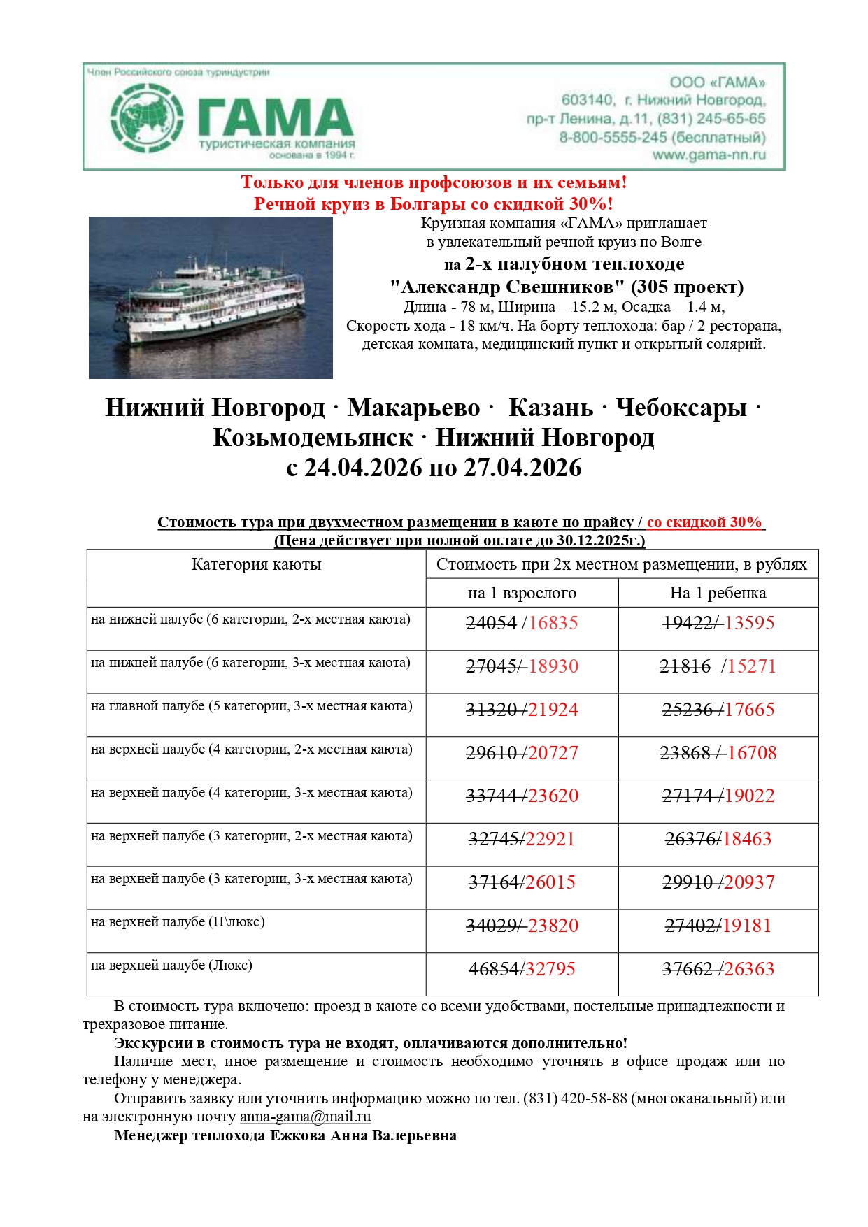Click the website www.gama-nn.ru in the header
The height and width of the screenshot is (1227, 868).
pyautogui.click(x=709, y=155)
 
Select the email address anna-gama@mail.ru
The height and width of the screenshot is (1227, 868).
pyautogui.click(x=305, y=1117)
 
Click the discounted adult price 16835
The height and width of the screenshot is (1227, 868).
pyautogui.click(x=553, y=623)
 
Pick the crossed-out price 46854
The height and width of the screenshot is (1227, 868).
pyautogui.click(x=493, y=969)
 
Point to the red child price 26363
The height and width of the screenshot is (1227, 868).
pyautogui.click(x=749, y=969)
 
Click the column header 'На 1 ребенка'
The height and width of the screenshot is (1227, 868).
pyautogui.click(x=718, y=593)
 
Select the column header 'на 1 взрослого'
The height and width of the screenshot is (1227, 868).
pyautogui.click(x=522, y=593)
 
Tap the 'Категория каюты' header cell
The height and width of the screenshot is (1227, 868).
pyautogui.click(x=256, y=565)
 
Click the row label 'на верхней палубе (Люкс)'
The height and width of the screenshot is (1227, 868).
pyautogui.click(x=171, y=966)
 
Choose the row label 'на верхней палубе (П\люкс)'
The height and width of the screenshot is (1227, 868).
pyautogui.click(x=178, y=922)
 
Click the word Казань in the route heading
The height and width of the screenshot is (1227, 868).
pyautogui.click(x=550, y=408)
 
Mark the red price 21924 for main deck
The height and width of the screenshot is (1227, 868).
pyautogui.click(x=553, y=710)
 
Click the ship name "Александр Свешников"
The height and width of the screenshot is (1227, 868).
pyautogui.click(x=506, y=287)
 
